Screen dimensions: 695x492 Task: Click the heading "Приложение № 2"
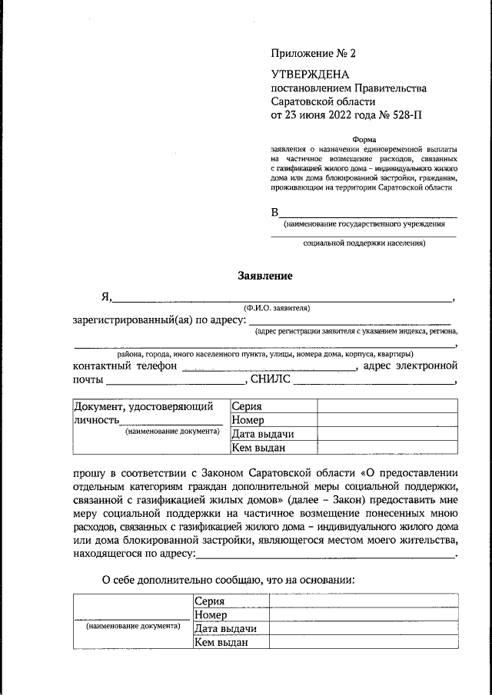(x=314, y=54)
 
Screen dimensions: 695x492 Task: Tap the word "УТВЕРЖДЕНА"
(x=309, y=74)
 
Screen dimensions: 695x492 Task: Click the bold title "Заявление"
(x=264, y=275)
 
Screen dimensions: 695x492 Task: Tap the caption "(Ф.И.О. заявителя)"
(x=276, y=308)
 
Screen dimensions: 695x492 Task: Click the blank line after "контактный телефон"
(x=269, y=366)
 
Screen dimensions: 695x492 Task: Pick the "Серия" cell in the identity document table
(x=247, y=407)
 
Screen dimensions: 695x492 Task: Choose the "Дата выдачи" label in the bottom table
(x=225, y=629)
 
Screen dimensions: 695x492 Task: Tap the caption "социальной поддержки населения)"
(x=364, y=243)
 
